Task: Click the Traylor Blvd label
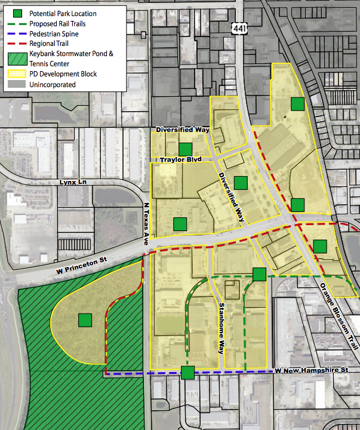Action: tap(181, 160)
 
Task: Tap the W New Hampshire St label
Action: tap(311, 370)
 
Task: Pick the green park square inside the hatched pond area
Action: tap(85, 320)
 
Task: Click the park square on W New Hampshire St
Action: tap(188, 373)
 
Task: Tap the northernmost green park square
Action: tap(297, 104)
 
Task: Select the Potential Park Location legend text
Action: tap(63, 13)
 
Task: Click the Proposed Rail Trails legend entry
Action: tap(57, 24)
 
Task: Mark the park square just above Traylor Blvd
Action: tap(185, 149)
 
